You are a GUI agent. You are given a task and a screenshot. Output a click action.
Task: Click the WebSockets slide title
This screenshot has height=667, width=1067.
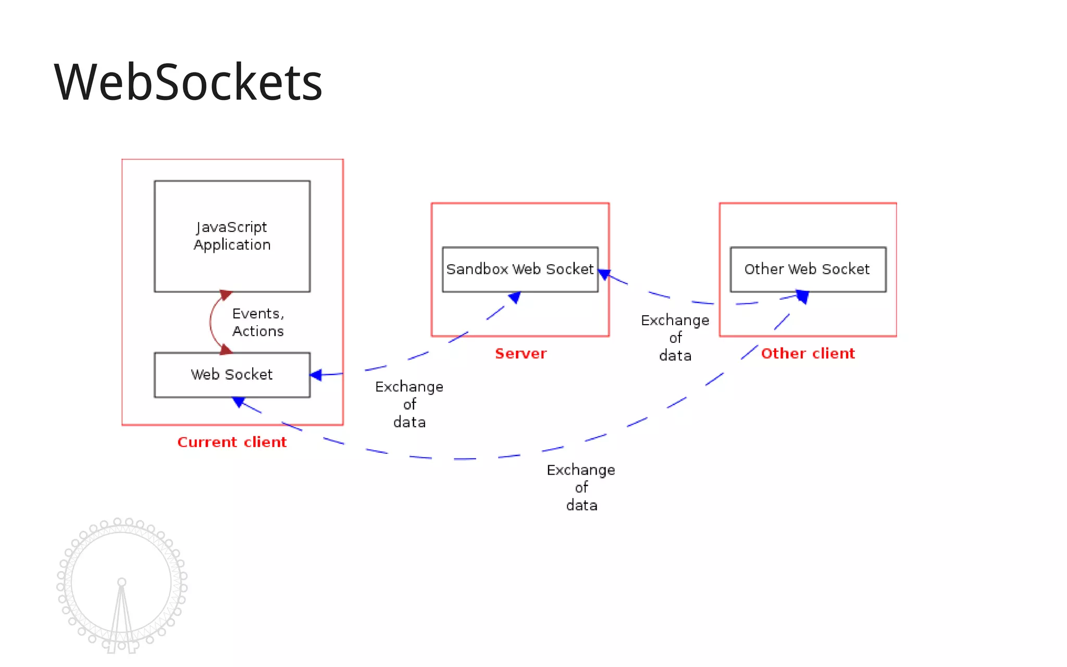[x=188, y=82]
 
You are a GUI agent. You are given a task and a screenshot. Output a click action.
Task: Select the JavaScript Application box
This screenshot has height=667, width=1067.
[x=232, y=236]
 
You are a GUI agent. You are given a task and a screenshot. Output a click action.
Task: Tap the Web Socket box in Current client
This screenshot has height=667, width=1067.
[x=232, y=375]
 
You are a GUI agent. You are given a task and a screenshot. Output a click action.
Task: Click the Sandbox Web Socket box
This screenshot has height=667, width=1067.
[x=519, y=269]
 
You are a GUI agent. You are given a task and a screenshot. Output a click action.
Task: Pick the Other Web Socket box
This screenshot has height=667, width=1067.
[x=807, y=269]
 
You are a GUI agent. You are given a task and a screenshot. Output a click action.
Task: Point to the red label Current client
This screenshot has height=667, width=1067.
[x=232, y=442]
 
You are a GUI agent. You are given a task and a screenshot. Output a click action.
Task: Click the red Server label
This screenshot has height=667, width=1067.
[x=520, y=353]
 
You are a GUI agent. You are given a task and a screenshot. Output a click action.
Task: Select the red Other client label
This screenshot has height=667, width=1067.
[x=808, y=353]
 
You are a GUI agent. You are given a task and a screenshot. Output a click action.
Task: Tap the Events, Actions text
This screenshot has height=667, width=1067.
[x=258, y=322]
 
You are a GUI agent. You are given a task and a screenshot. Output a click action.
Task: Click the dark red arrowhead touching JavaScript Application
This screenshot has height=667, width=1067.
[x=225, y=295]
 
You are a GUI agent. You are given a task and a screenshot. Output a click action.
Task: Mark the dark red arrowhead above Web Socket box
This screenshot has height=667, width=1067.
[x=225, y=349]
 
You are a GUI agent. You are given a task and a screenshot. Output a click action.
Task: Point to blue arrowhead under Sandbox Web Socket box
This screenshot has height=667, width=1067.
[x=515, y=298]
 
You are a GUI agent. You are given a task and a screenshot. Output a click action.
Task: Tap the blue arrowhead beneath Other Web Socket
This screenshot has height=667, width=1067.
[x=803, y=297]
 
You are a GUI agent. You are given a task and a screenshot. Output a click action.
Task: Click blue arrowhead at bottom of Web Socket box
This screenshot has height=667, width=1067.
[x=239, y=402]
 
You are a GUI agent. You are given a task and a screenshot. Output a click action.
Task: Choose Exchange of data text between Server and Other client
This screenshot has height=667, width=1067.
[x=675, y=338]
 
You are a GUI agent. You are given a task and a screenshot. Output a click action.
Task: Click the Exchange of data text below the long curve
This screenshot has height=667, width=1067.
[x=581, y=487]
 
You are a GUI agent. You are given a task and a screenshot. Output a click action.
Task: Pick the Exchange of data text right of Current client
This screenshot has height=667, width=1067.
[x=409, y=404]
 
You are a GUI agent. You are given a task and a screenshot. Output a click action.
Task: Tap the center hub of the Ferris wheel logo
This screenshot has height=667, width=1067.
[x=121, y=582]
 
